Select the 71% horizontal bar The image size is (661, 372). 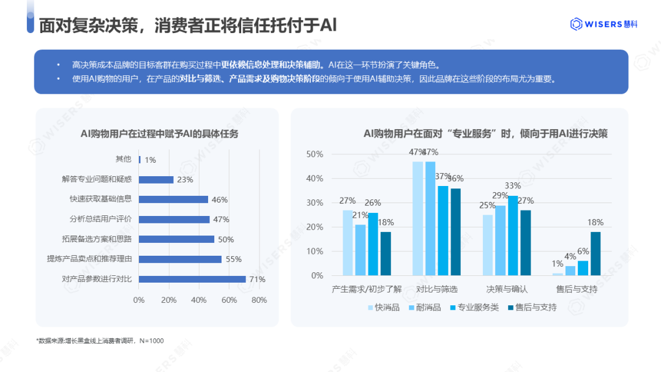point(192,279)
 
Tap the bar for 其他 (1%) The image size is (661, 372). point(140,160)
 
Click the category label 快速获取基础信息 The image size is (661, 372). point(100,199)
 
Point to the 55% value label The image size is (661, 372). point(234,259)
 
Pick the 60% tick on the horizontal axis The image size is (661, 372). point(229,300)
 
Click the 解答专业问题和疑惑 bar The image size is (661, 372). point(156,179)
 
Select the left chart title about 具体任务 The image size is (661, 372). point(160,134)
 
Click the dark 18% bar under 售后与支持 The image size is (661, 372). point(596,253)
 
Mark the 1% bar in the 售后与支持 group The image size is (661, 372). point(558,274)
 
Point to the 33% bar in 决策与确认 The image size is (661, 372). point(513,236)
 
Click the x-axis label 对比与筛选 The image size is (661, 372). point(436,289)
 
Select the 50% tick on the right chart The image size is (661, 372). point(314,154)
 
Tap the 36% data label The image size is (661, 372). point(455,179)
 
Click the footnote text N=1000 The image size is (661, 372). point(151,340)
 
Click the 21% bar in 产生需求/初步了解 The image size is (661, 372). point(360,250)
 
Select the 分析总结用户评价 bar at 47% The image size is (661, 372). point(174,219)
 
